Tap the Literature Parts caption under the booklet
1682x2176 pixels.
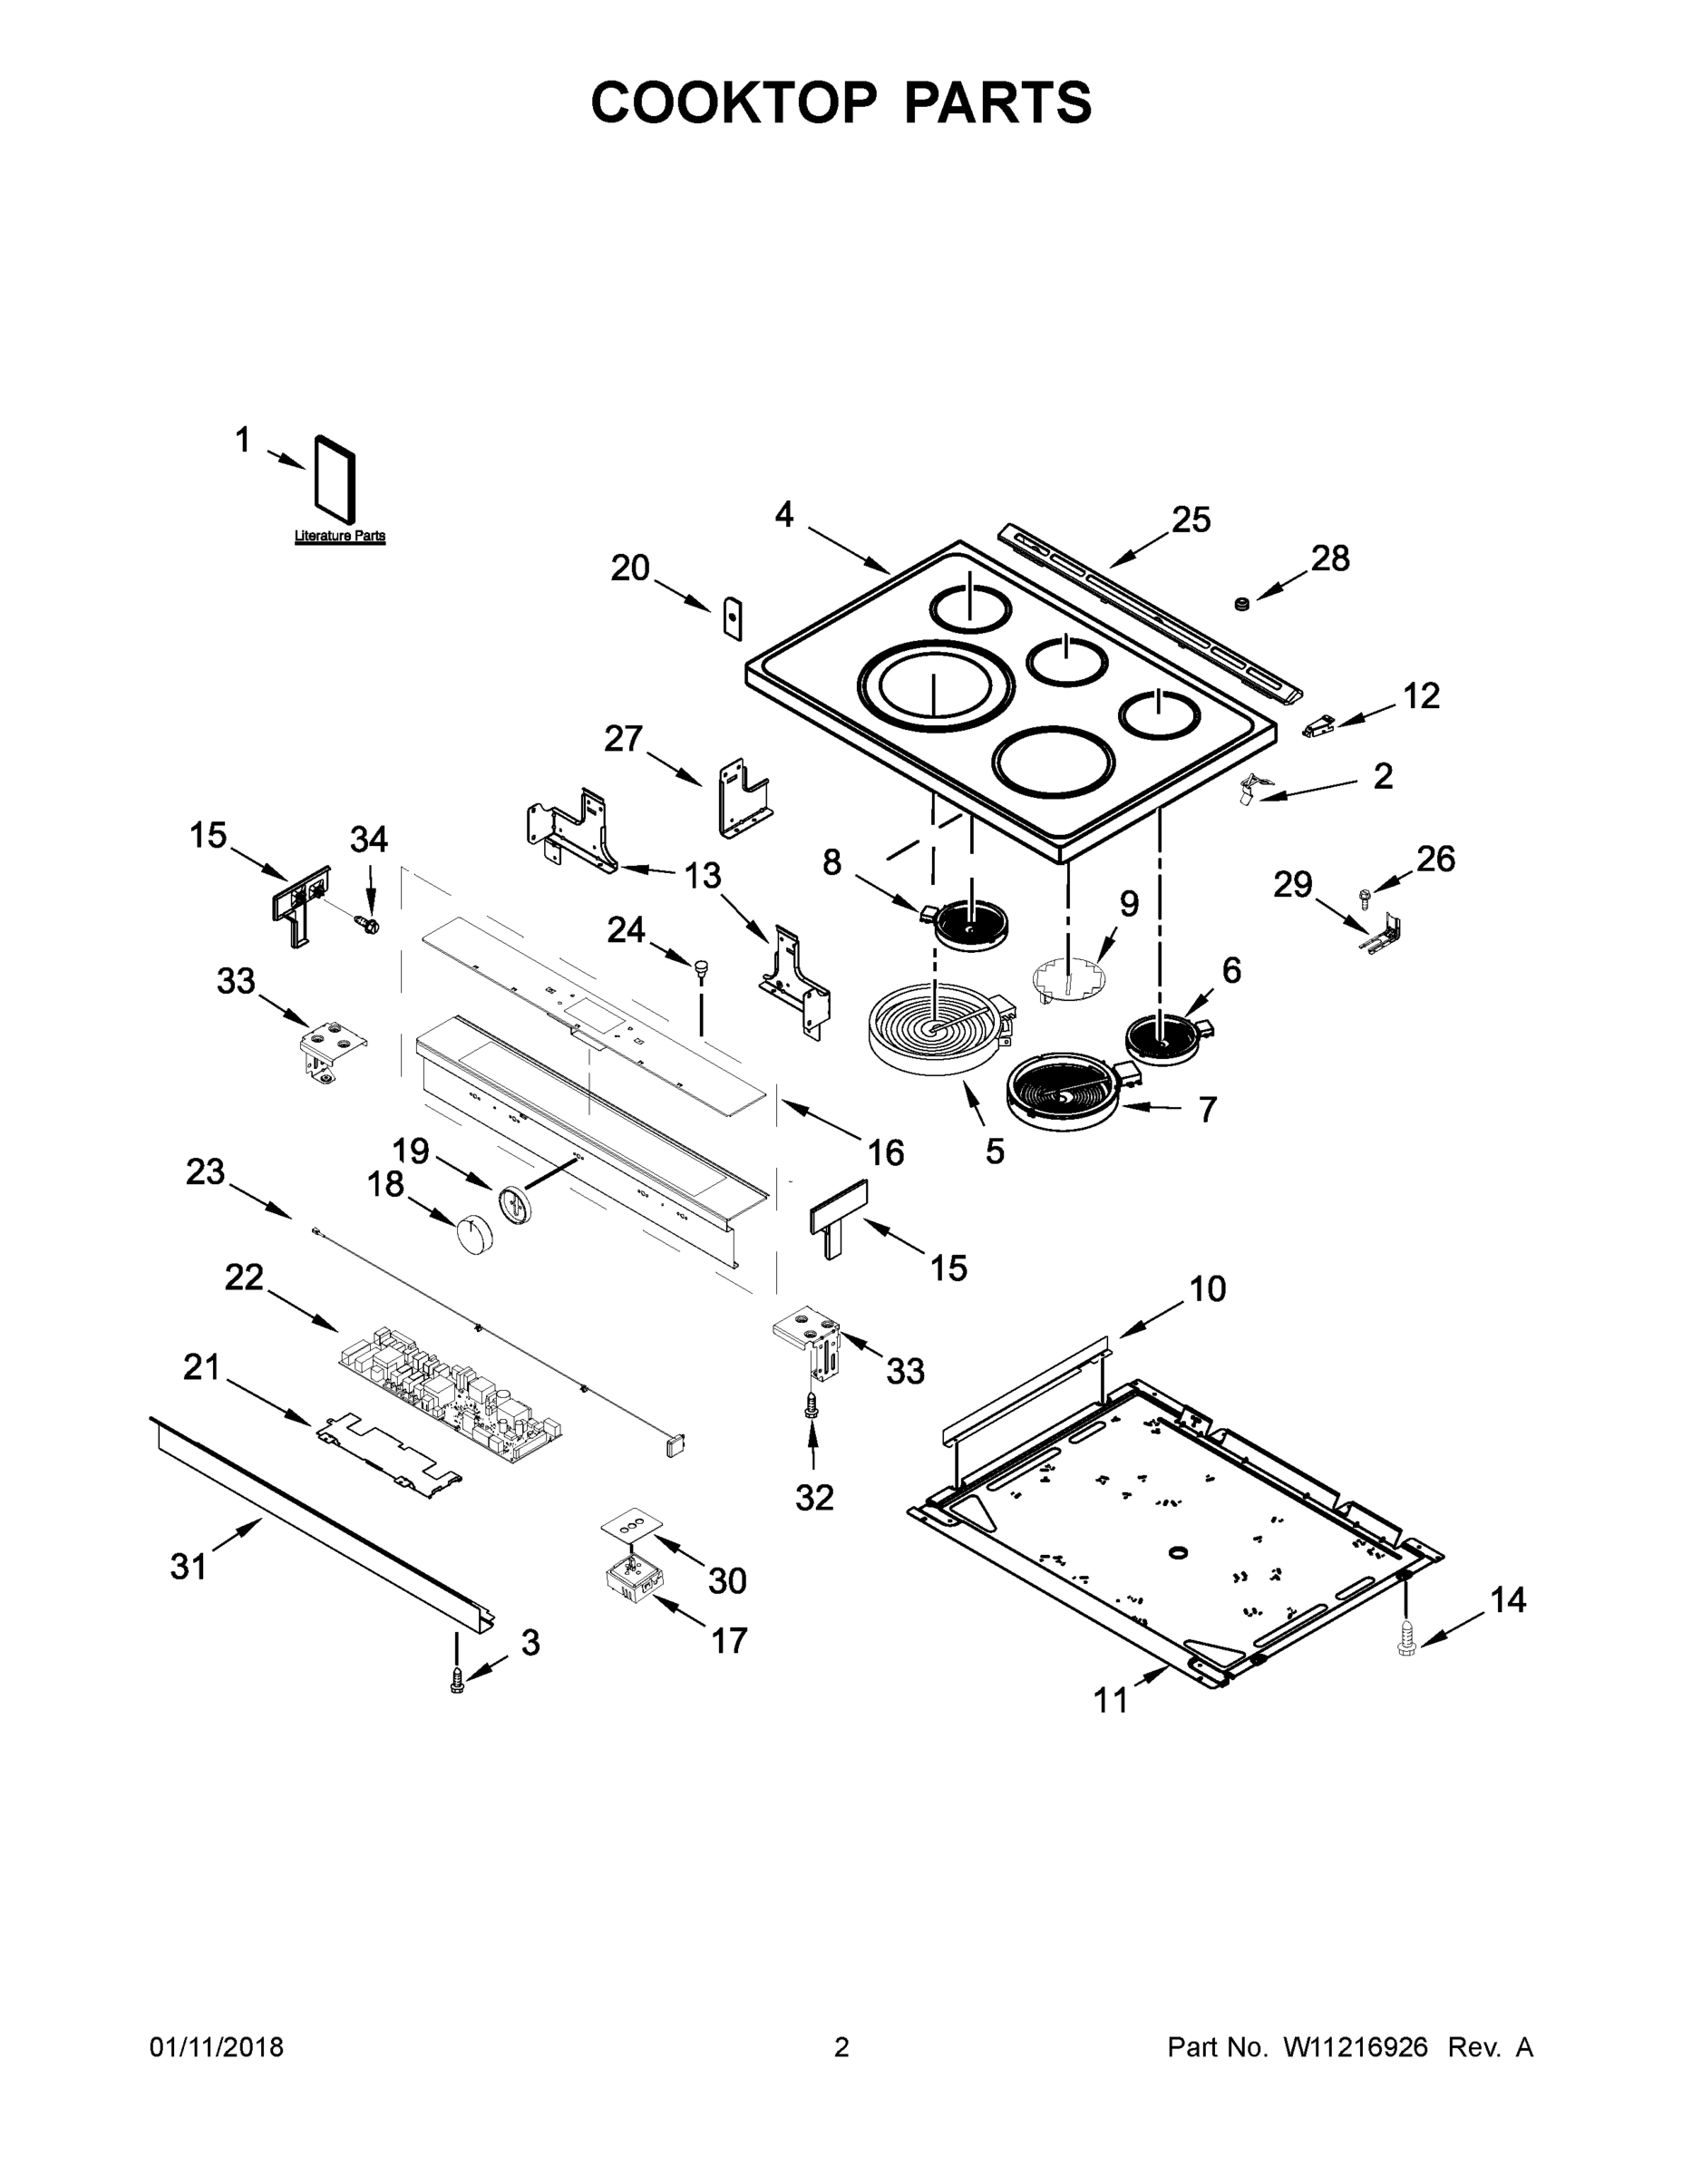[340, 536]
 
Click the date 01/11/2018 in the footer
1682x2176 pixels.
[216, 2046]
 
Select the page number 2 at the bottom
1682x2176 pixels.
[841, 2046]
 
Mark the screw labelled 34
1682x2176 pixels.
[369, 925]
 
